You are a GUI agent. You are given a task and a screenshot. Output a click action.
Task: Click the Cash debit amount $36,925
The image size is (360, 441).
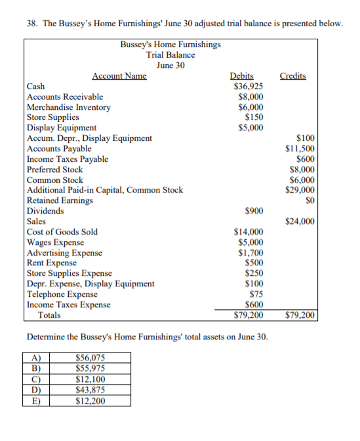pyautogui.click(x=249, y=86)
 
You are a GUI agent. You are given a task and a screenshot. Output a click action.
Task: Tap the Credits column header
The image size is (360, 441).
pyautogui.click(x=292, y=76)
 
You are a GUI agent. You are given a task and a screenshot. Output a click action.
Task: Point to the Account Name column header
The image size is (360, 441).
pyautogui.click(x=119, y=76)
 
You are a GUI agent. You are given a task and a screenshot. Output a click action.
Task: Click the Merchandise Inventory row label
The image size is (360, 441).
pyautogui.click(x=69, y=107)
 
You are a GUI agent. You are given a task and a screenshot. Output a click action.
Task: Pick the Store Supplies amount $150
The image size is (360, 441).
pyautogui.click(x=254, y=117)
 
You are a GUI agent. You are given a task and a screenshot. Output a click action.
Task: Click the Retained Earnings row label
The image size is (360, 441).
pyautogui.click(x=60, y=201)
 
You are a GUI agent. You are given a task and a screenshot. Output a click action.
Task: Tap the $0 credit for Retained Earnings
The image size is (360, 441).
pyautogui.click(x=309, y=201)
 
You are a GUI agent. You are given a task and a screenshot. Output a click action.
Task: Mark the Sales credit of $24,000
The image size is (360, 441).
pyautogui.click(x=300, y=221)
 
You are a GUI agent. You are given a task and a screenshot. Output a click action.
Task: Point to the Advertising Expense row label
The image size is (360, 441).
pyautogui.click(x=64, y=252)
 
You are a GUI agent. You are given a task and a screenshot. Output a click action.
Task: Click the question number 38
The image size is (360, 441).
pyautogui.click(x=31, y=24)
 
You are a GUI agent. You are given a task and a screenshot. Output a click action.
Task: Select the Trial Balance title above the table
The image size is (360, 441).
pyautogui.click(x=170, y=55)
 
